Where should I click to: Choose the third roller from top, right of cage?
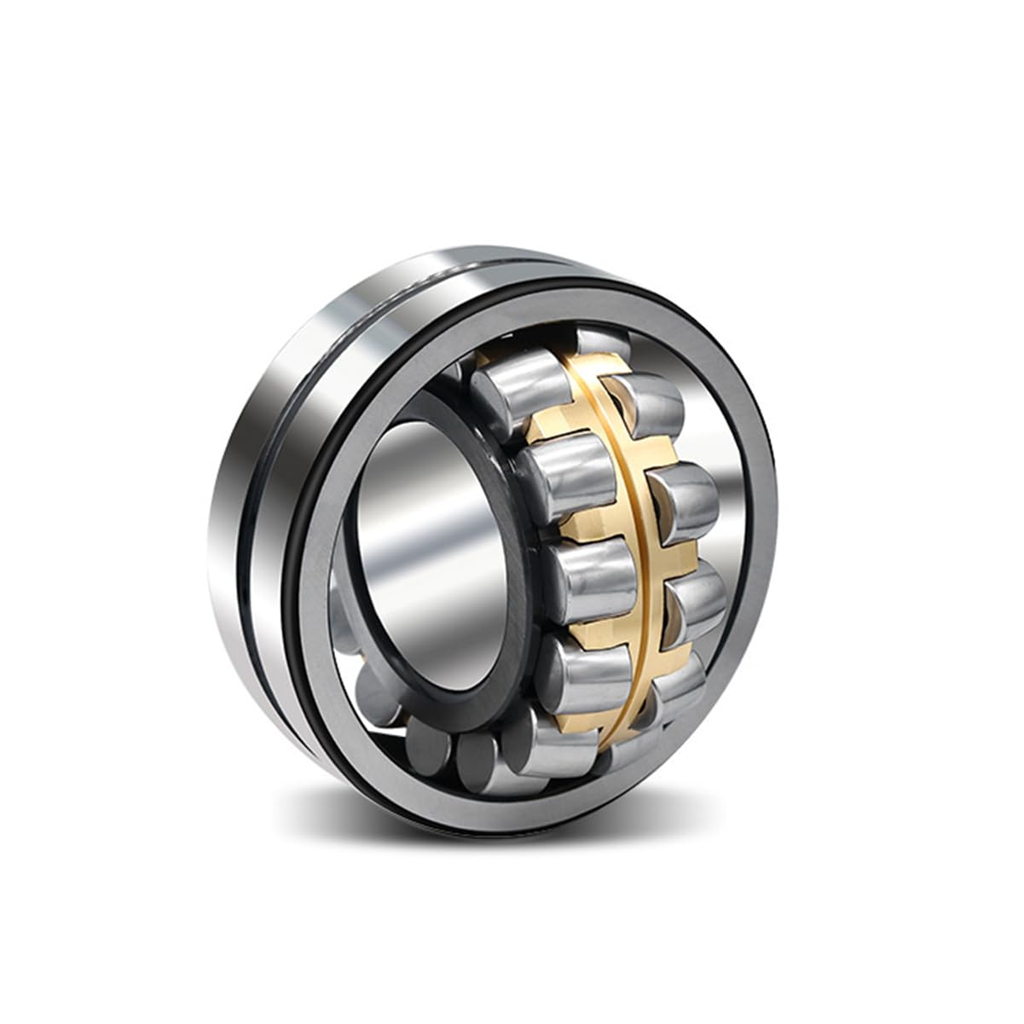[695, 601]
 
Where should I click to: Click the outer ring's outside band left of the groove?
[226, 546]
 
